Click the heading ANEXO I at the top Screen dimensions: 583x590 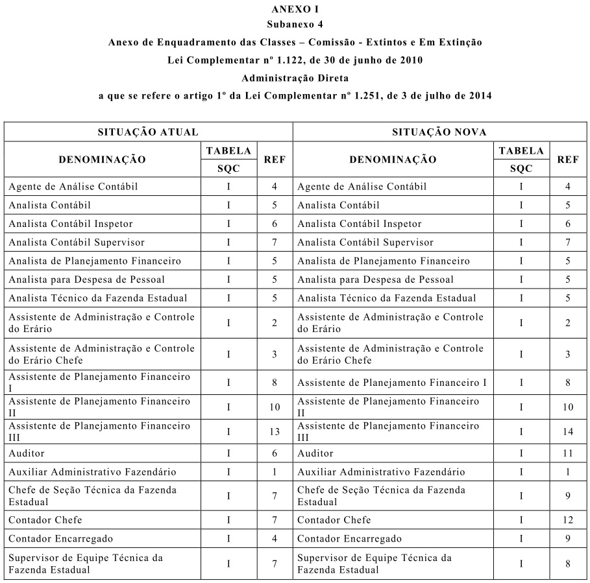tap(295, 9)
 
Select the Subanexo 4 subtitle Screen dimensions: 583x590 tap(295, 25)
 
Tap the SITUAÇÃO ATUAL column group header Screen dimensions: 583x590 tap(148, 132)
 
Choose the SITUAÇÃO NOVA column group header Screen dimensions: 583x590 tap(439, 132)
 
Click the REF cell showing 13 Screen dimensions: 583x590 tap(275, 431)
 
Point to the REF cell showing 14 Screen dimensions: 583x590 tap(568, 431)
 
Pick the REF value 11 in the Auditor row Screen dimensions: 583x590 tap(568, 453)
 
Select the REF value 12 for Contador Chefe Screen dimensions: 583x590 tap(568, 520)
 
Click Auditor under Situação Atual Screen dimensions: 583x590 tap(27, 453)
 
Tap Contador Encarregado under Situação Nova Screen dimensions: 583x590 tap(349, 539)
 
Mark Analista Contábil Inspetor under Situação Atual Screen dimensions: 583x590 tap(71, 224)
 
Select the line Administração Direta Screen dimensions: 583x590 tap(295, 78)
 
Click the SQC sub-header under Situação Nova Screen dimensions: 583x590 tap(521, 168)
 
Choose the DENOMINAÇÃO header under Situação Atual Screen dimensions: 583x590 tap(103, 160)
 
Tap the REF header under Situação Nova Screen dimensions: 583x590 tap(568, 160)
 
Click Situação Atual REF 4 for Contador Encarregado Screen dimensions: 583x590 tap(275, 539)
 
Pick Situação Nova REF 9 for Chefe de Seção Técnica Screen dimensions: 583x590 tap(568, 496)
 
